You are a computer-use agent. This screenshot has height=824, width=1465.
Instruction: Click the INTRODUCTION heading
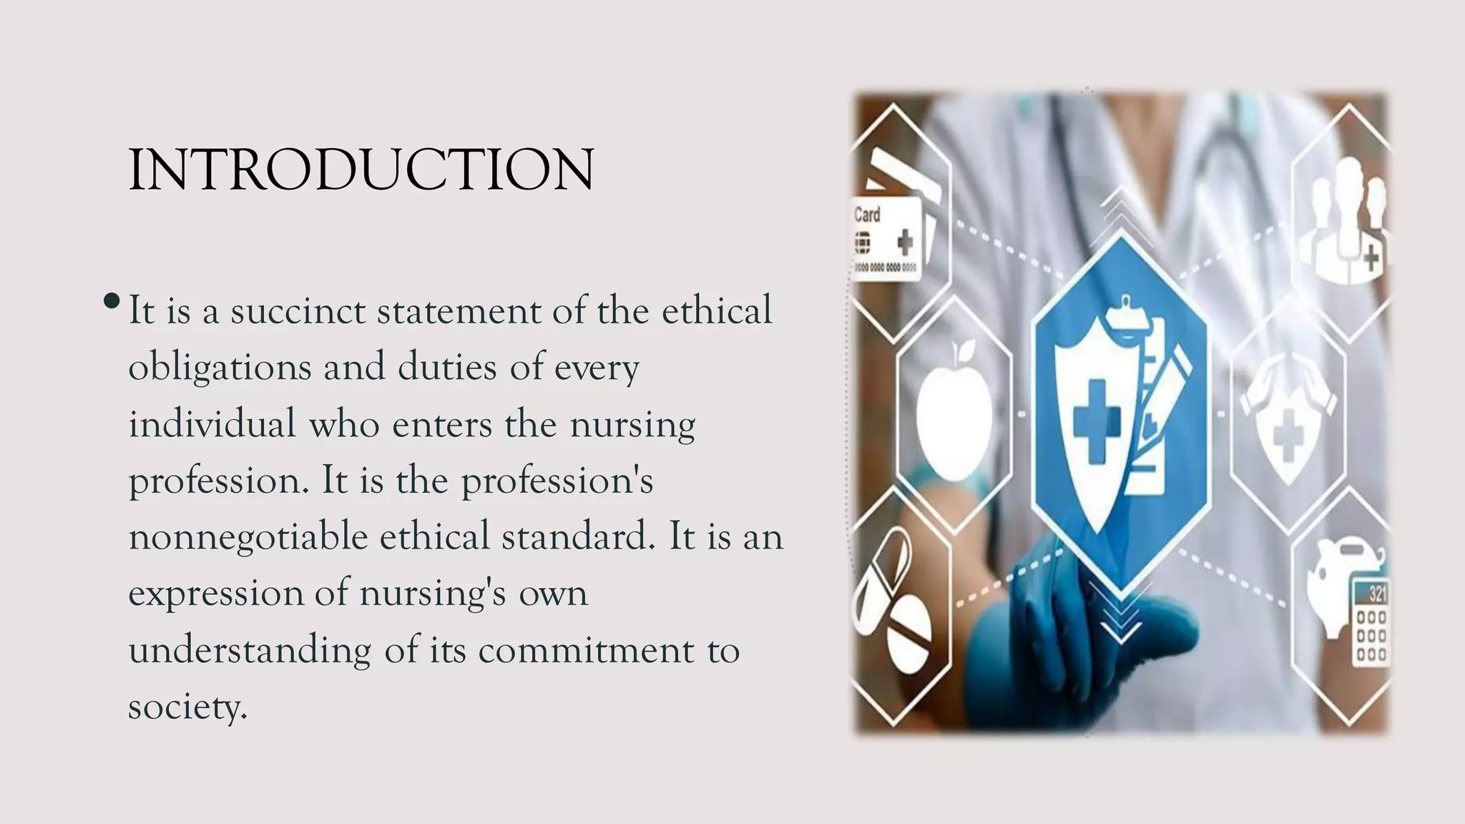coord(361,170)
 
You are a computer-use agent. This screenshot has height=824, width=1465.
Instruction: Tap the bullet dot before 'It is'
coord(111,301)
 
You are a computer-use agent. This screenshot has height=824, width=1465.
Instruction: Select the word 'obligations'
coord(220,368)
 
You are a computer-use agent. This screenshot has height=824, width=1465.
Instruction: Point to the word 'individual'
coord(212,423)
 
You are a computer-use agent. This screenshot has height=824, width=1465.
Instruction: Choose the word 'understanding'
coord(250,651)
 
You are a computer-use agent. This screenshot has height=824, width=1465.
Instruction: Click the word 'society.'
coord(187,707)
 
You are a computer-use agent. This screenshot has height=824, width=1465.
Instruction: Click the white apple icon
coord(954,412)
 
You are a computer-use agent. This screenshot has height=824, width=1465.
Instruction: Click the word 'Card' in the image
coord(867,215)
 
